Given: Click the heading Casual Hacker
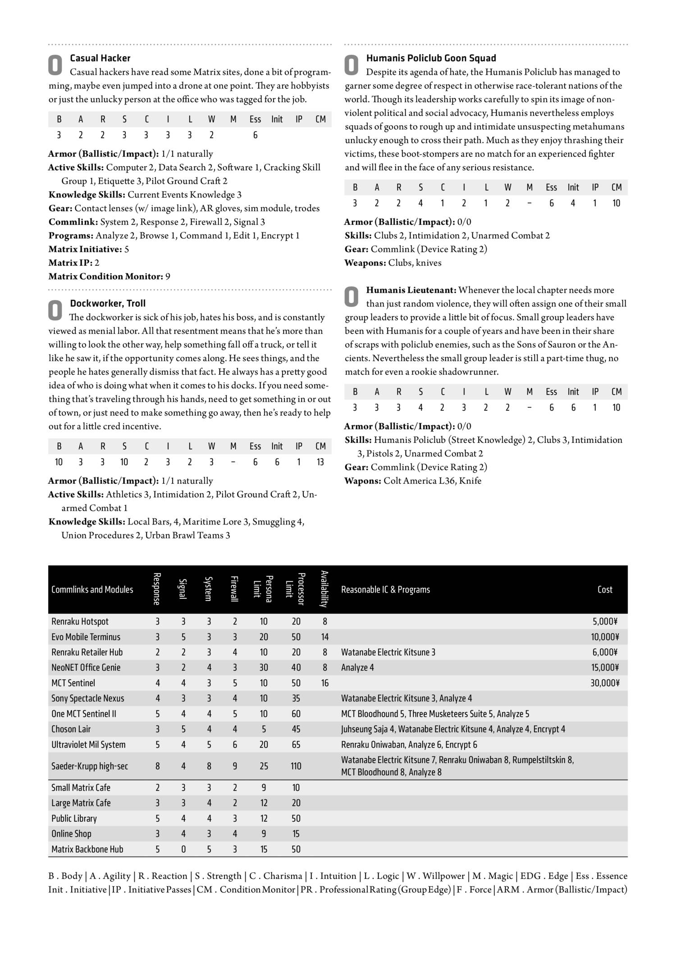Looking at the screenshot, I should [x=100, y=58].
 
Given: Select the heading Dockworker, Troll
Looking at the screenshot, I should [x=108, y=303].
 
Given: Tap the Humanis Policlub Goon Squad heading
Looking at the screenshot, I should [x=431, y=58].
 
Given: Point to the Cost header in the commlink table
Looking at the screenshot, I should [x=604, y=589].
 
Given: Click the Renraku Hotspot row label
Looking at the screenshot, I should [x=80, y=621].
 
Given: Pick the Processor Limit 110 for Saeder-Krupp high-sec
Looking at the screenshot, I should [x=296, y=766].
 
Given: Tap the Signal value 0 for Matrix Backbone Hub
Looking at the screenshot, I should [x=183, y=849].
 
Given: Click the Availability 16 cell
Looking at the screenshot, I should [x=325, y=683].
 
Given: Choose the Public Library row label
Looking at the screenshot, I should [x=74, y=819].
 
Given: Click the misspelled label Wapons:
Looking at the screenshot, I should [x=363, y=481].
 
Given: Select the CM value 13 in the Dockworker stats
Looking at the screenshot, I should [x=320, y=462].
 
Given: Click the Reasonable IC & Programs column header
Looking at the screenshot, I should [x=385, y=589].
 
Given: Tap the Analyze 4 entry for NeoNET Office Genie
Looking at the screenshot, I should [x=357, y=668].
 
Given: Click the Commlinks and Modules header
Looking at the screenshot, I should [x=92, y=589].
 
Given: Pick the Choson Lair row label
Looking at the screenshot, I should [x=71, y=729].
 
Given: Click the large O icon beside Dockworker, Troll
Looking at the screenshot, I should [x=55, y=310].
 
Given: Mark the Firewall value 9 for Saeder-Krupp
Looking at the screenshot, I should [x=235, y=766].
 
